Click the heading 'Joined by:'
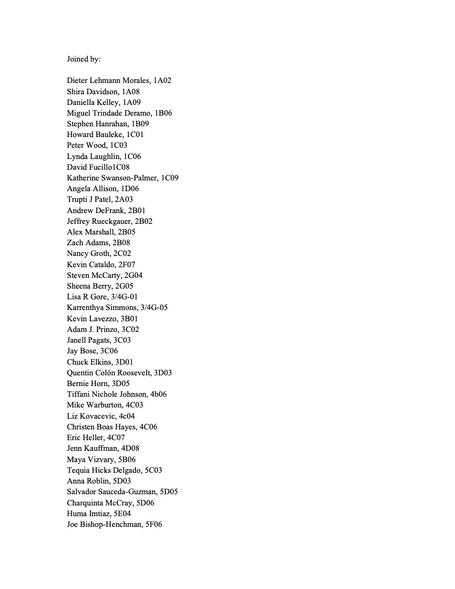(x=84, y=59)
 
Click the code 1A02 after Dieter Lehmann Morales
(x=162, y=81)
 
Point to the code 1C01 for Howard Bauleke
(x=135, y=135)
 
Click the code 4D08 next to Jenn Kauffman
(x=130, y=448)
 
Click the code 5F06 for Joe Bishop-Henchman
(x=154, y=524)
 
